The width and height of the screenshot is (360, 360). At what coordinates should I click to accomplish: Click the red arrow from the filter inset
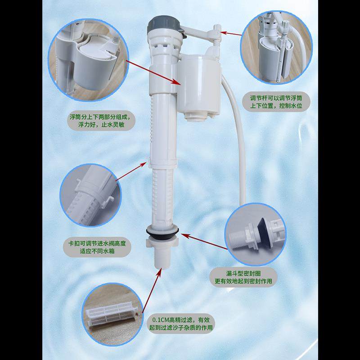(150, 290)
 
